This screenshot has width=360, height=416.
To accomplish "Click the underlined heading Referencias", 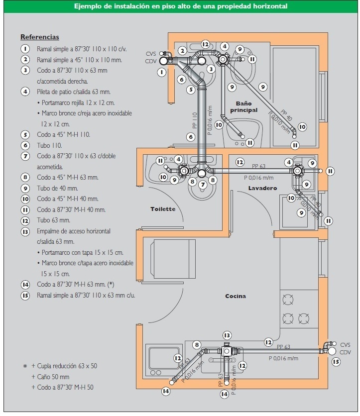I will coord(39,37).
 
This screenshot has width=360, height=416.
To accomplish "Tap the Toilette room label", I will coord(163,209).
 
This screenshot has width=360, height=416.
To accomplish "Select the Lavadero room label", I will coord(262,188).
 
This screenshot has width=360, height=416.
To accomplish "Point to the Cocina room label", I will coord(236,296).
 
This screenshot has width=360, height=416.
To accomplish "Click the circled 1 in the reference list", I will coord(25,49).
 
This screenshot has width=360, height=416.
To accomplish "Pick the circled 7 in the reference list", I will coord(25,156).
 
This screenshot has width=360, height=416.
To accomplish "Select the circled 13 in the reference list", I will coord(25,231).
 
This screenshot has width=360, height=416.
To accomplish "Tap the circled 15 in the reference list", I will coord(25,295).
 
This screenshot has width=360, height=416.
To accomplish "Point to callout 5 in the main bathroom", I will coord(191,90).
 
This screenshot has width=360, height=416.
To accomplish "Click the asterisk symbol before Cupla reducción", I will coord(24,366).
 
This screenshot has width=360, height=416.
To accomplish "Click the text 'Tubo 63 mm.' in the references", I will coord(53,220).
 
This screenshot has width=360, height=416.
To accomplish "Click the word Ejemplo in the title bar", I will coord(88,6).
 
